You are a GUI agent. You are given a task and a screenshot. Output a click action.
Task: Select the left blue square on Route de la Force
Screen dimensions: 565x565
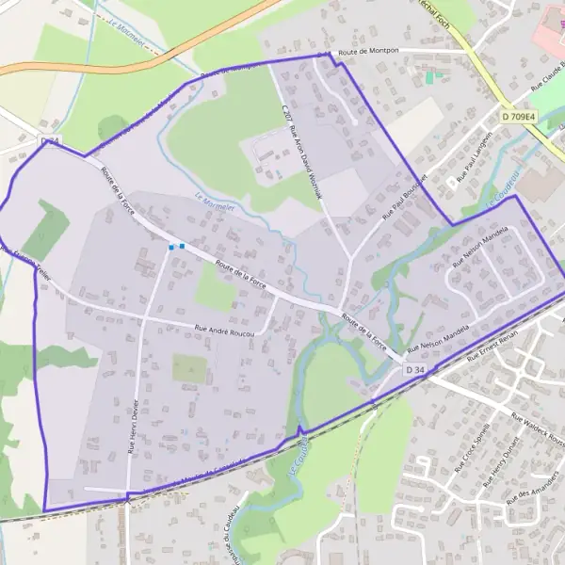coord(170,248)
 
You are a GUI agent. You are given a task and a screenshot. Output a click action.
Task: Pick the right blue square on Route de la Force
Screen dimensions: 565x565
coord(181,247)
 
